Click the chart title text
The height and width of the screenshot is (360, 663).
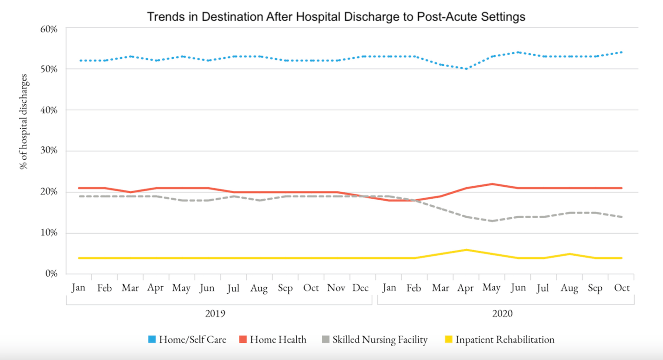point(336,17)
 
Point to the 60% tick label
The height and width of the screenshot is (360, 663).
point(48,29)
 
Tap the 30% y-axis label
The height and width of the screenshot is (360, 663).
point(48,151)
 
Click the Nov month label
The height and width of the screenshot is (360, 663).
point(336,288)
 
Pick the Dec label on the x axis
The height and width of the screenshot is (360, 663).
point(360,288)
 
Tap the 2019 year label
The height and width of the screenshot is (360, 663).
point(215,314)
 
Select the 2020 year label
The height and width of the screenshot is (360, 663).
point(503,314)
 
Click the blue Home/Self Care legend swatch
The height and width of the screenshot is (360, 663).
point(152,340)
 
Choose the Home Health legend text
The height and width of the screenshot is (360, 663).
point(278,340)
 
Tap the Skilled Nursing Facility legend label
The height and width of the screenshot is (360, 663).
point(380,340)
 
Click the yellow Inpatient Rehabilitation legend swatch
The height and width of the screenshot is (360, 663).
point(448,340)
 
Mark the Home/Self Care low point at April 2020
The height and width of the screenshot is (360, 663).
point(465,69)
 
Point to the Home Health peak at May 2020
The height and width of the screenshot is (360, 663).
point(491,184)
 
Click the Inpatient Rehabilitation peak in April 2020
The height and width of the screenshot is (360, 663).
point(465,250)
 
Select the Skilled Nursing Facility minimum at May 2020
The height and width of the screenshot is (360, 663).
point(491,221)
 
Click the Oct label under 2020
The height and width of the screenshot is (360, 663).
point(622,288)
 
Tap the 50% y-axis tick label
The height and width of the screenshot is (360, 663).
point(48,69)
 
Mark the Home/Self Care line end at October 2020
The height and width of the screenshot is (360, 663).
point(622,52)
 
